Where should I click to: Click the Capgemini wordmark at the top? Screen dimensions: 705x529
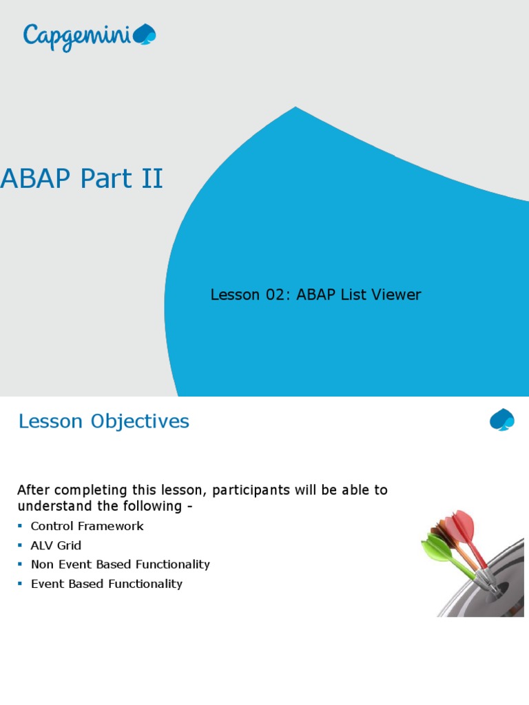(x=76, y=35)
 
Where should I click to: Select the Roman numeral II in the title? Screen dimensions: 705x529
(x=151, y=178)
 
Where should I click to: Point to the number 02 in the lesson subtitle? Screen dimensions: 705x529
(x=278, y=295)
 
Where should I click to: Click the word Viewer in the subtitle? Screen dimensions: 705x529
(x=395, y=295)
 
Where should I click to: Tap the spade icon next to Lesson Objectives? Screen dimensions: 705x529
(x=501, y=419)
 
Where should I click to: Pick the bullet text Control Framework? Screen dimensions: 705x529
(x=87, y=526)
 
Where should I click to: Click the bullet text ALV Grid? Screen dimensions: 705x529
(x=56, y=545)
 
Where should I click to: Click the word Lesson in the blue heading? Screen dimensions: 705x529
(x=50, y=421)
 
